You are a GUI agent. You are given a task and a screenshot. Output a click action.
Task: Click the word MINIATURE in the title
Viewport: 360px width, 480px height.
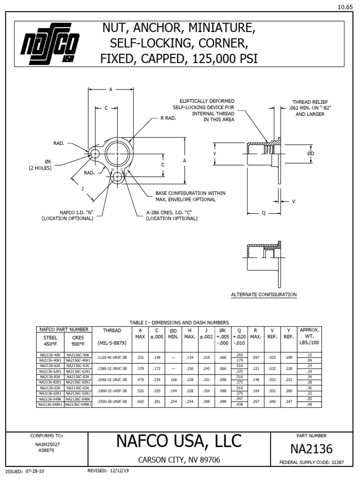(x=224, y=29)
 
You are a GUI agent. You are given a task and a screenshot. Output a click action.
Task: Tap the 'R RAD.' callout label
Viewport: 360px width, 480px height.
(x=168, y=118)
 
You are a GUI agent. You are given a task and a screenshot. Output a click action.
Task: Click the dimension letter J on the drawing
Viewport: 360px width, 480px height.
(x=82, y=189)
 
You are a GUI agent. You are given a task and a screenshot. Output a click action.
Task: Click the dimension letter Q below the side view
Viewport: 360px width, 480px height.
(x=263, y=212)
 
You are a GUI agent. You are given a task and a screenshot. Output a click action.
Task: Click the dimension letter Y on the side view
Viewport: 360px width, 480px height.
(x=214, y=153)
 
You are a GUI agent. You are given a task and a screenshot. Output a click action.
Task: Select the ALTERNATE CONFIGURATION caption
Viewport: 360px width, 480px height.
(x=264, y=294)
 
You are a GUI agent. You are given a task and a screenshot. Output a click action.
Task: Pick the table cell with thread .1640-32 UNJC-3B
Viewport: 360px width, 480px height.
(x=112, y=379)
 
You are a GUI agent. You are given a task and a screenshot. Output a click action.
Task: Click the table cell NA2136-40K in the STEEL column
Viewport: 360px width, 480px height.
(x=50, y=355)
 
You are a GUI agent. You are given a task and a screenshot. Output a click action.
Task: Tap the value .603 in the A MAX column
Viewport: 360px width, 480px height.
(x=140, y=401)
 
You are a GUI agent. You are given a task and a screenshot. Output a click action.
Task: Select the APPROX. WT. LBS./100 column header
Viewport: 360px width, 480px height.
(x=309, y=336)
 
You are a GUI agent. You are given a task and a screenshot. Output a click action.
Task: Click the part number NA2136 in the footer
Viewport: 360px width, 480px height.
(x=311, y=449)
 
